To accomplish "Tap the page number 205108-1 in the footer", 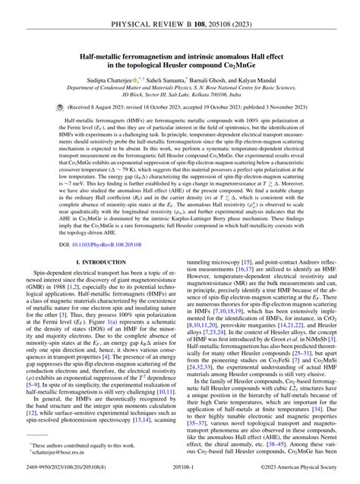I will [x=181, y=474].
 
